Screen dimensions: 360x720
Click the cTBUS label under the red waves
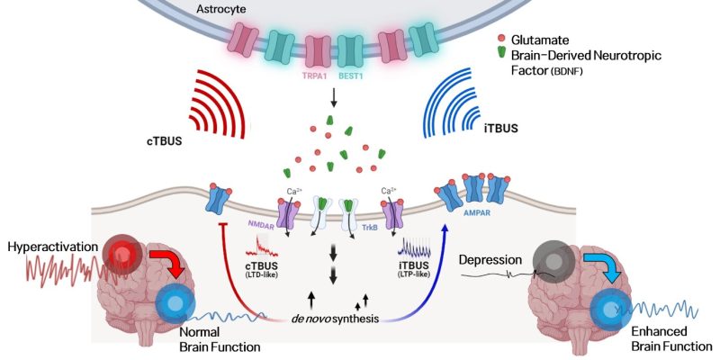point(166,141)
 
